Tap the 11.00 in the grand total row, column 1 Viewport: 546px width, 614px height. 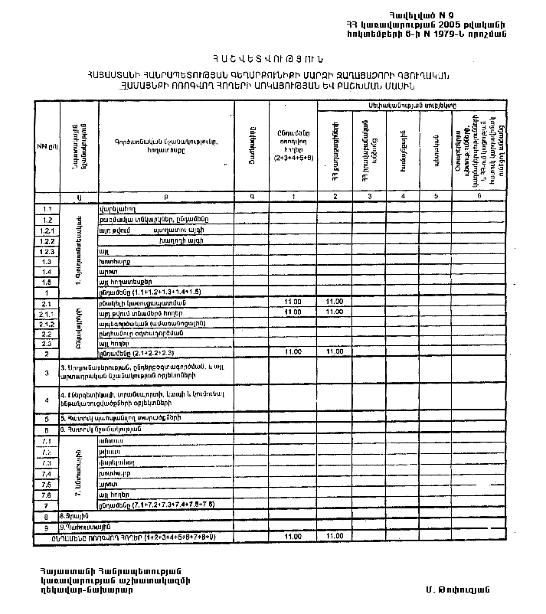tap(293, 537)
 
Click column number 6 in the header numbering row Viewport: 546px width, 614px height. tap(478, 197)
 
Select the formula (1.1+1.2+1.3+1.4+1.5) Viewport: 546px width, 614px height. tap(161, 292)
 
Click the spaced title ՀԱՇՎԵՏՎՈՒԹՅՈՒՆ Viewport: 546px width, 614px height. tap(271, 57)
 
